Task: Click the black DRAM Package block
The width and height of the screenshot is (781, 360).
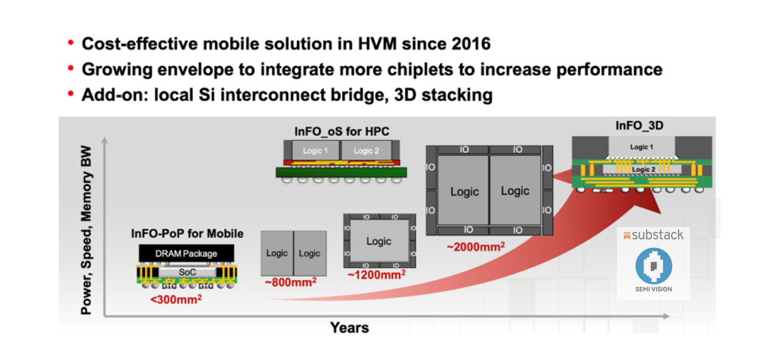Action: (x=186, y=253)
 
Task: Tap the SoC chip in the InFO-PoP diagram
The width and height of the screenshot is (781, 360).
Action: (x=187, y=272)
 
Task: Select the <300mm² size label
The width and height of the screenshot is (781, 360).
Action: (x=176, y=298)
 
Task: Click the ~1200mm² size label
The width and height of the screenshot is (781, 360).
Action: (x=377, y=275)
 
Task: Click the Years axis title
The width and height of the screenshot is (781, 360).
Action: (x=349, y=328)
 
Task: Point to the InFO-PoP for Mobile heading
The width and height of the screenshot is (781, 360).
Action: (x=187, y=233)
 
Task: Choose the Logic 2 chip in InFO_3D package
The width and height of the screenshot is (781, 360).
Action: (x=642, y=170)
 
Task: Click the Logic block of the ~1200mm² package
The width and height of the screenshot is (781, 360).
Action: (x=378, y=241)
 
